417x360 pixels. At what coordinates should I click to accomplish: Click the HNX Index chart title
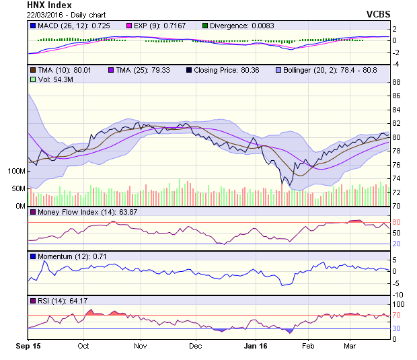coord(50,5)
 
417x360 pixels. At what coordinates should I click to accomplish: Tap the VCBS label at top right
coord(378,14)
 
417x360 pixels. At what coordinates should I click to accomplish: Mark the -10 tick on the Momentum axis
coord(397,294)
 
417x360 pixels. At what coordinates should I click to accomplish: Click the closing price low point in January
coord(283,184)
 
